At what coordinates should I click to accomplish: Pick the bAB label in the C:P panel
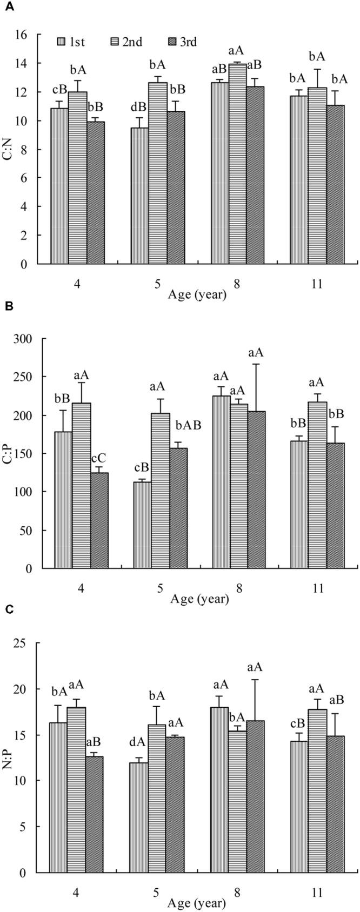click(x=187, y=425)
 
